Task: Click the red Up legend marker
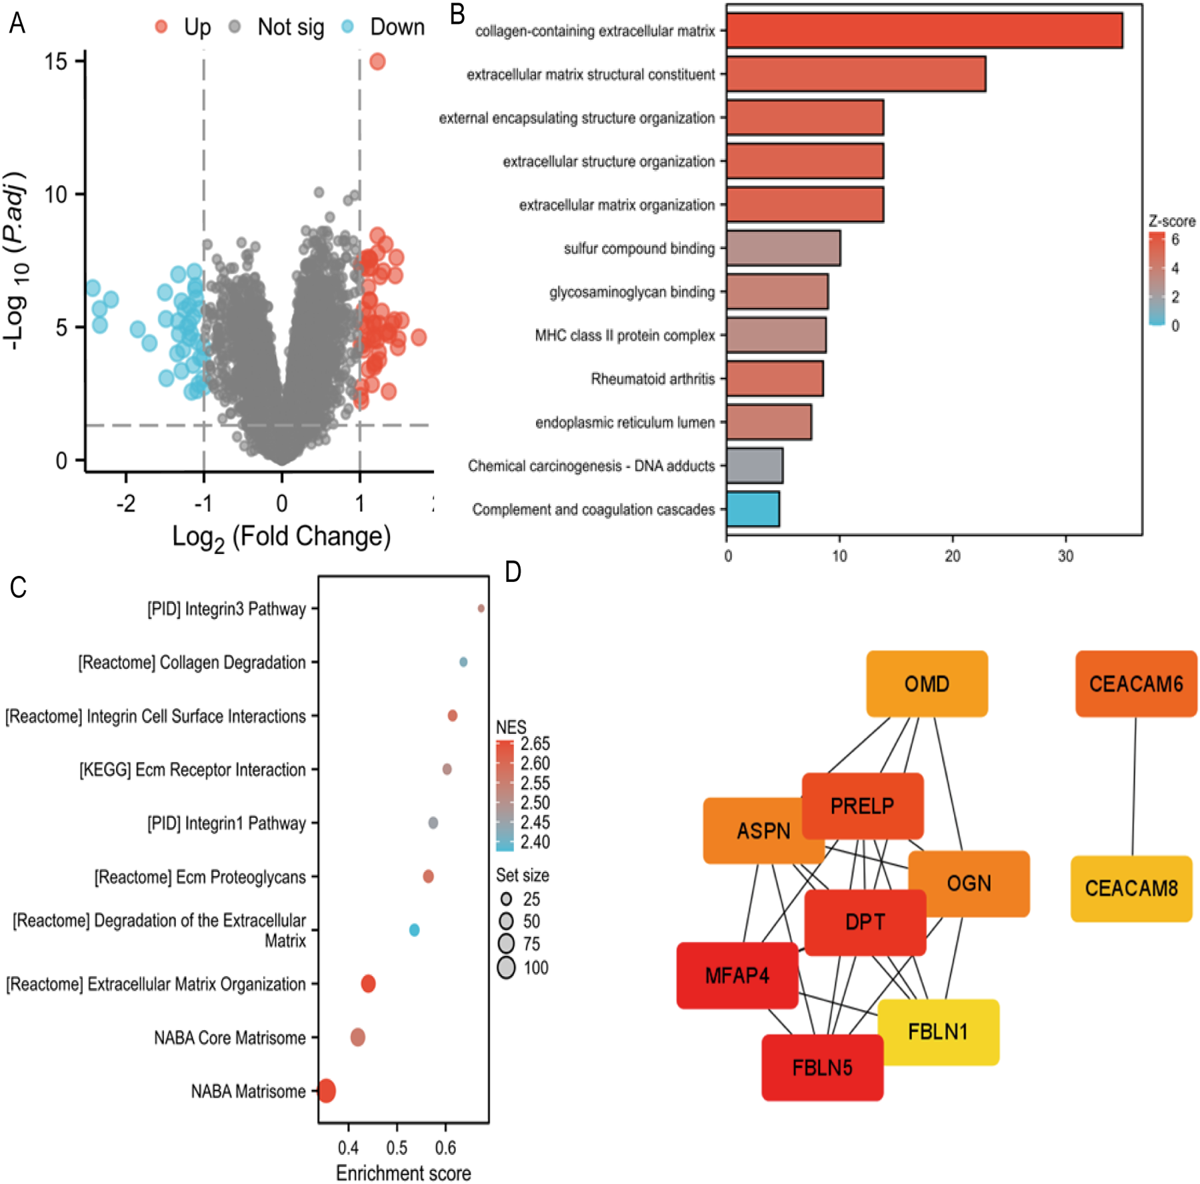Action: (161, 27)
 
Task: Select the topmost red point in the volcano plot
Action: (377, 62)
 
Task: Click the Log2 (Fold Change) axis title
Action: (281, 537)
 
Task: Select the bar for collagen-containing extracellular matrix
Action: (924, 31)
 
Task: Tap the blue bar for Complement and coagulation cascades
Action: (753, 509)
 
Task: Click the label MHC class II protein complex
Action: (625, 335)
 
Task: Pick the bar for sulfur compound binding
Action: (783, 248)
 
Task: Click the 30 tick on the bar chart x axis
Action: (1065, 556)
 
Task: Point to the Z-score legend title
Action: (1171, 221)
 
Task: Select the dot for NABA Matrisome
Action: (327, 1091)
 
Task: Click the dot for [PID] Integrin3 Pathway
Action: (481, 608)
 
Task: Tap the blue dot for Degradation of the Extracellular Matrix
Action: (414, 930)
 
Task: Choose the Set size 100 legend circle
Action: (507, 967)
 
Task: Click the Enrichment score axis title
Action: (403, 1173)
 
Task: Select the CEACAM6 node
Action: (1136, 684)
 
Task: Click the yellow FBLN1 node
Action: (938, 1032)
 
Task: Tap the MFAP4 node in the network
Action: (737, 975)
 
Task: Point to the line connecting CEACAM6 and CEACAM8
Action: (1134, 787)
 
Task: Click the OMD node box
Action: (927, 684)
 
